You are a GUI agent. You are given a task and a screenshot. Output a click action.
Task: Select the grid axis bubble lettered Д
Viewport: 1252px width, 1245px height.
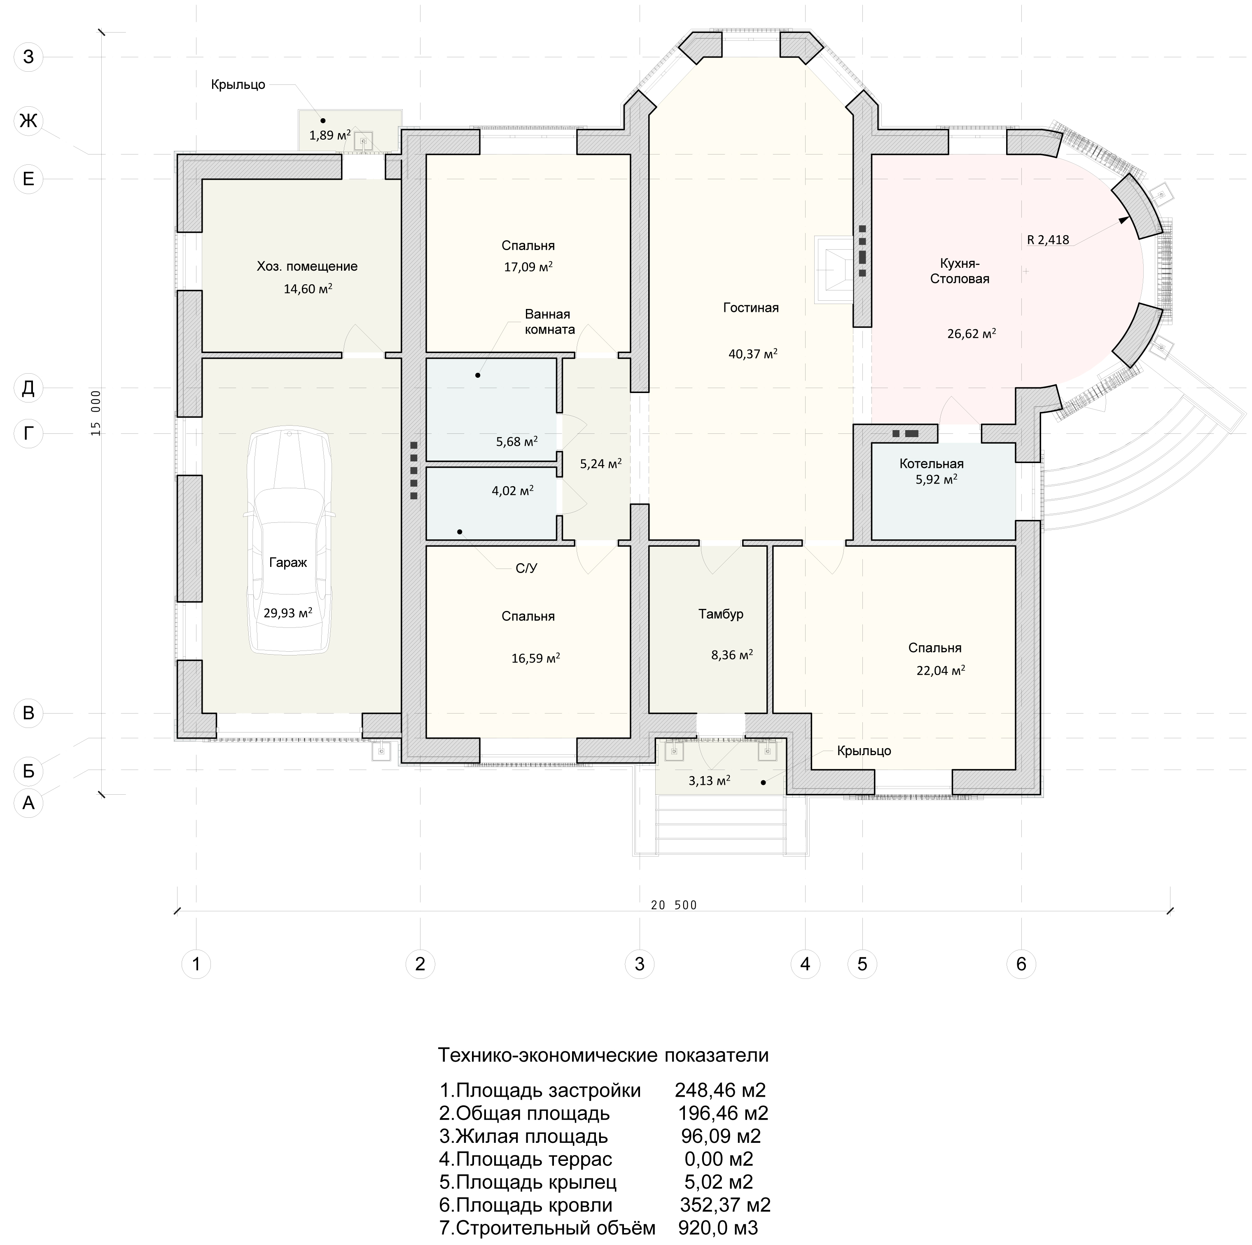pos(28,388)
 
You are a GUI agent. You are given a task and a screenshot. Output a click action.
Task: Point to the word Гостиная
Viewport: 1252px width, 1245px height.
pos(751,308)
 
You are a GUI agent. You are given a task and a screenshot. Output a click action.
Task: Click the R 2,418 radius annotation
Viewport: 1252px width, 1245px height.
pos(1048,240)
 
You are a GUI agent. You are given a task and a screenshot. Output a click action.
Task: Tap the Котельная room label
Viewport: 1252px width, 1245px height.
pos(931,463)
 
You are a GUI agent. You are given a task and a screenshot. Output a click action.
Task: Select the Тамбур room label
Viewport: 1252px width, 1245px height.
pos(721,614)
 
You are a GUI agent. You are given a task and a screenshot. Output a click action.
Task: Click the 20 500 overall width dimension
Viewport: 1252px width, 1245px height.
pos(674,906)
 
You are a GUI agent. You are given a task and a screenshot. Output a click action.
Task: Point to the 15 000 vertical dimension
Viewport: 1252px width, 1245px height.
pos(96,413)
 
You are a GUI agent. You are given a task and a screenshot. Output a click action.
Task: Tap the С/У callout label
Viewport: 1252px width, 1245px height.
pos(526,569)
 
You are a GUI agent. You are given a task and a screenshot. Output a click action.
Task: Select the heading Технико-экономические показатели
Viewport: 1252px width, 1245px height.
pos(603,1055)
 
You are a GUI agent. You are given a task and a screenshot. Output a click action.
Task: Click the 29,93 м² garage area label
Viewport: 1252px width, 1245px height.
pos(288,613)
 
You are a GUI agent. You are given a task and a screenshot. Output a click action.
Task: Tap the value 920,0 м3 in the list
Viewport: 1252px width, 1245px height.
pos(717,1228)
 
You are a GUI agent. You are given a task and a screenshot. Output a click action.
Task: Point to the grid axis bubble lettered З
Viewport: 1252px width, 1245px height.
pos(28,57)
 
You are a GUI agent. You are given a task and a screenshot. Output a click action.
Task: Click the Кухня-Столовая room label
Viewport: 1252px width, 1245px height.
pos(960,271)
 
